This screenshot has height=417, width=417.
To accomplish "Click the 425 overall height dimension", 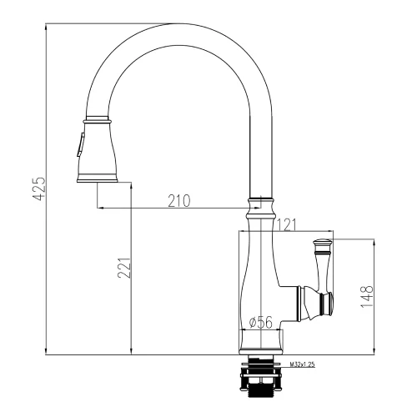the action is pyautogui.click(x=39, y=188).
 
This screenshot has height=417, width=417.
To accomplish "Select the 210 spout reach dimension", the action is pyautogui.click(x=179, y=201).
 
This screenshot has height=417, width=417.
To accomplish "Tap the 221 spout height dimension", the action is pyautogui.click(x=124, y=268).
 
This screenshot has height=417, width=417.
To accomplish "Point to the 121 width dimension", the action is pyautogui.click(x=287, y=225).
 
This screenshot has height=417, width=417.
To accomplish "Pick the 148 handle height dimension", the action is pyautogui.click(x=367, y=296).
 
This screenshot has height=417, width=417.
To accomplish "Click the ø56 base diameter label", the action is pyautogui.click(x=261, y=323).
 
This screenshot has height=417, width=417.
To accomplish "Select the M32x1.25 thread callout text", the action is pyautogui.click(x=302, y=364).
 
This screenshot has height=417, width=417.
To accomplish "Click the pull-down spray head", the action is pyautogui.click(x=97, y=149).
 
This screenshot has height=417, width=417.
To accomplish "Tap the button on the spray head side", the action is pyautogui.click(x=80, y=144).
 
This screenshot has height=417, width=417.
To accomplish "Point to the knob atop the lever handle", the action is pyautogui.click(x=322, y=246).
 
